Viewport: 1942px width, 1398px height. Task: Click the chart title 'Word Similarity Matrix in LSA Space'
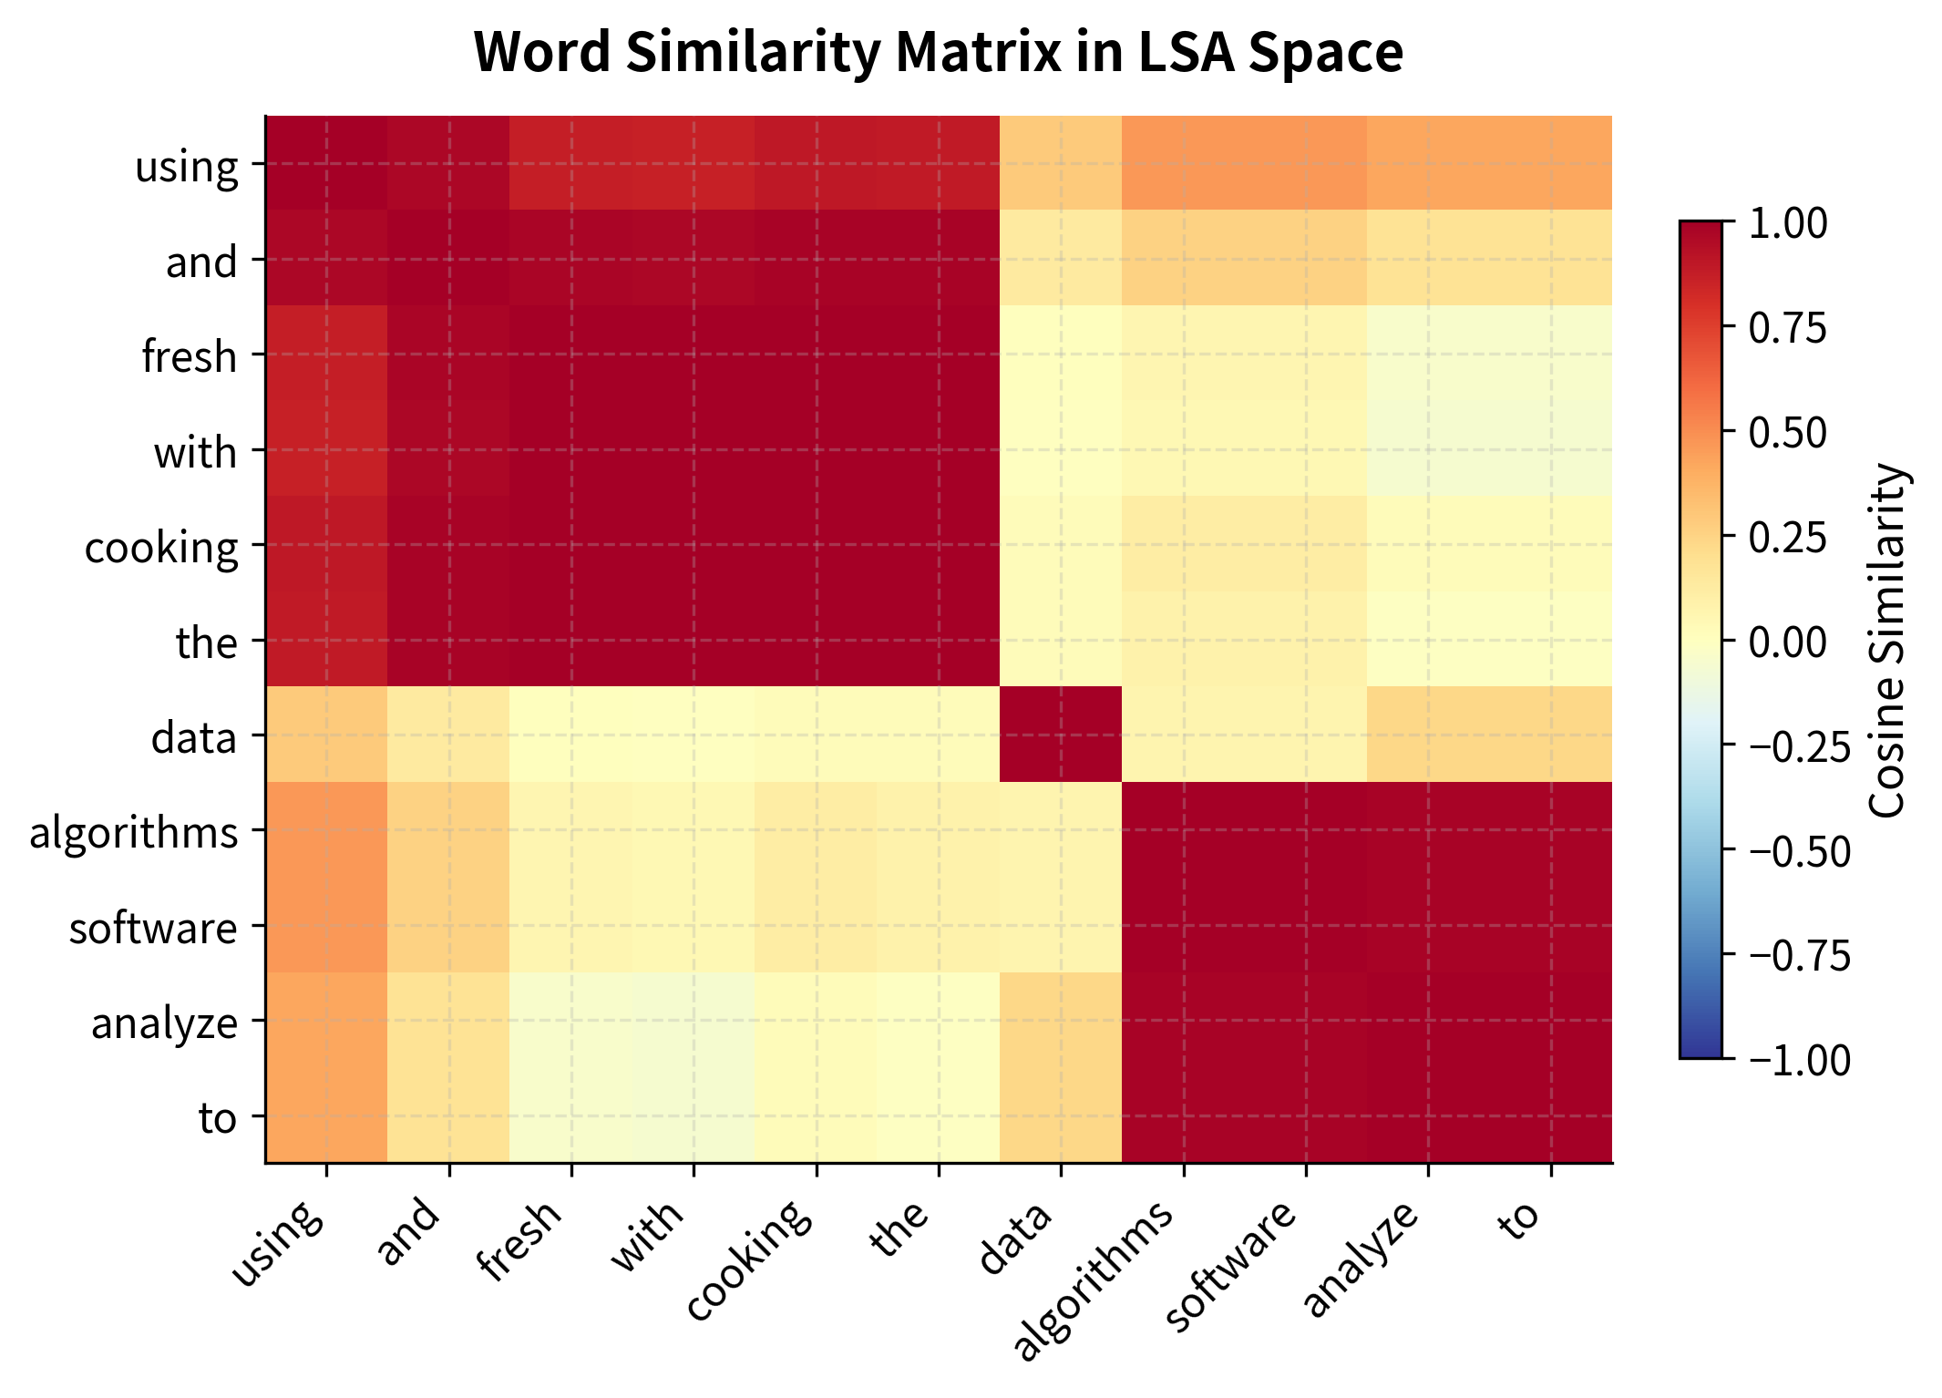pos(938,53)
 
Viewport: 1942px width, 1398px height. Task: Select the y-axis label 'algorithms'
pos(134,832)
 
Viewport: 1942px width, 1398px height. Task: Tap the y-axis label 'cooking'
pos(161,547)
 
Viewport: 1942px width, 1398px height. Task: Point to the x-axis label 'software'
pos(1231,1267)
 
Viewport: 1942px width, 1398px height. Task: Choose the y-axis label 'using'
pos(187,166)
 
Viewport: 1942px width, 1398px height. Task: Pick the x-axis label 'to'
pos(1520,1222)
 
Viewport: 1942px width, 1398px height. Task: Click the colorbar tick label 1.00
pos(1787,223)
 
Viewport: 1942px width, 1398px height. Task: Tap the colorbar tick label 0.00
pos(1787,642)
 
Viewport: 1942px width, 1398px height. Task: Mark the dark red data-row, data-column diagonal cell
pos(1061,734)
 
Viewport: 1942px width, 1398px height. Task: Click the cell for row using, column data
pos(1061,163)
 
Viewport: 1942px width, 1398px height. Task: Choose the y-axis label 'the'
pos(207,642)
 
